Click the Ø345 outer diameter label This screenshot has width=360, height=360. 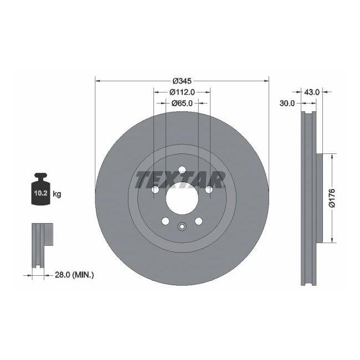[182, 80]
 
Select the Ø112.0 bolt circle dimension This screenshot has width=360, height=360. [182, 91]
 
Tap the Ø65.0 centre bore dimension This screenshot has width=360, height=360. [182, 103]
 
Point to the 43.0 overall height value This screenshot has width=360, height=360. [312, 92]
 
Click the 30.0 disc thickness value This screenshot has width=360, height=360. [287, 103]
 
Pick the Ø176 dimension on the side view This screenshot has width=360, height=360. [332, 198]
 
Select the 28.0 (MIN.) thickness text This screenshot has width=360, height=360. [75, 274]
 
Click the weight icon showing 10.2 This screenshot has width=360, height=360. [40, 191]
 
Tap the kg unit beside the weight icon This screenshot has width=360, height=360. [57, 194]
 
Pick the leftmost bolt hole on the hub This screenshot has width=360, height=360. [155, 190]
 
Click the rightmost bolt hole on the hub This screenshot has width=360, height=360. [209, 190]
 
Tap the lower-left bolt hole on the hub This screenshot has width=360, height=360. [165, 221]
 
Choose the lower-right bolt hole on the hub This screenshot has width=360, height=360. [198, 221]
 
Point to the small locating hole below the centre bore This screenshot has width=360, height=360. [182, 225]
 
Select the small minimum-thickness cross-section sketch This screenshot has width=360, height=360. [41, 244]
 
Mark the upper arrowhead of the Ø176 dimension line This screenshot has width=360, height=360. [332, 156]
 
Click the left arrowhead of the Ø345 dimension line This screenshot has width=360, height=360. [99, 80]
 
